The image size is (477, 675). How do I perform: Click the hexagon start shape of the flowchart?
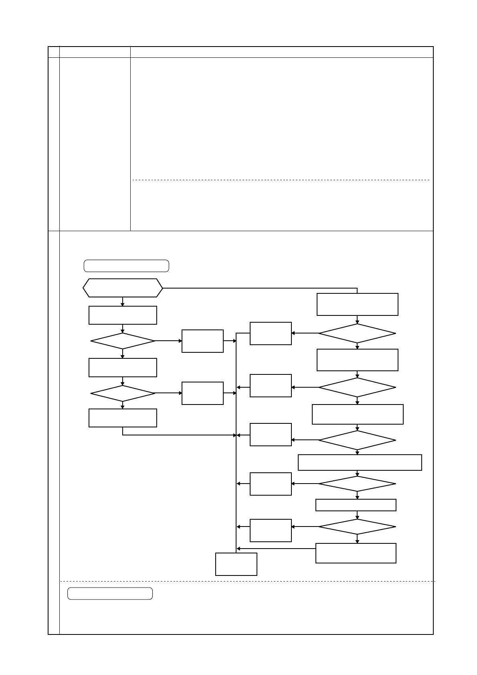tap(123, 288)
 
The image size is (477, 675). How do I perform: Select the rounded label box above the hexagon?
tap(126, 266)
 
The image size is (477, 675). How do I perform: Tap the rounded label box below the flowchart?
tap(110, 594)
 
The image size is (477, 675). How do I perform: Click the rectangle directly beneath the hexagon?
tap(123, 315)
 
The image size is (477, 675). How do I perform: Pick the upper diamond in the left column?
tap(123, 341)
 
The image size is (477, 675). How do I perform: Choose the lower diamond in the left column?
tap(123, 393)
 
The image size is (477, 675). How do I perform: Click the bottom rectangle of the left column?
tap(123, 418)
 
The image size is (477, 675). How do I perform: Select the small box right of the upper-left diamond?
tap(202, 341)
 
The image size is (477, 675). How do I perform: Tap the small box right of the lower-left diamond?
tap(202, 393)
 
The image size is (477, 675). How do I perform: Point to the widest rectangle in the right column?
tap(360, 462)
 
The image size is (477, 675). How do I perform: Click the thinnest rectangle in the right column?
tap(356, 505)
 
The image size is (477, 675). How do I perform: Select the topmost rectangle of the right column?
tap(357, 304)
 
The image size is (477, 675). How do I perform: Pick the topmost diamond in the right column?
tap(357, 333)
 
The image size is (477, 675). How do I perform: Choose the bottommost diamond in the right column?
tap(357, 527)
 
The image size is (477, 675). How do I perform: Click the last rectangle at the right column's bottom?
tap(356, 553)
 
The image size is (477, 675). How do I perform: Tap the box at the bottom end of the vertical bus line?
tap(236, 564)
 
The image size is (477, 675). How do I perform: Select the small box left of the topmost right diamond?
tap(271, 333)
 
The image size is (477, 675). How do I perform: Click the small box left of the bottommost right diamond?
tap(271, 530)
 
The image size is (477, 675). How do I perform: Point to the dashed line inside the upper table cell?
tap(281, 180)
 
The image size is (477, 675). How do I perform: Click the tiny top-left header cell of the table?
tap(54, 52)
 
